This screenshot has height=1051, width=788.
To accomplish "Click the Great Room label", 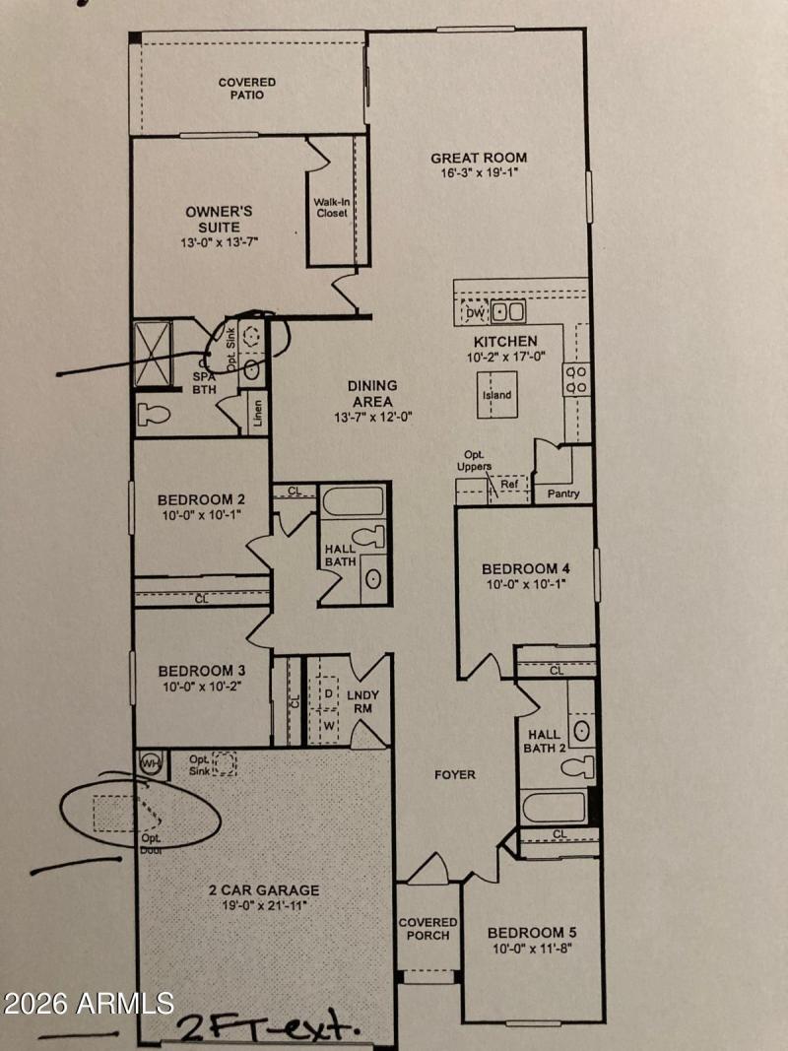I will click(x=479, y=158).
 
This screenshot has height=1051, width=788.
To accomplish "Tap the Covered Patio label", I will click(x=246, y=89).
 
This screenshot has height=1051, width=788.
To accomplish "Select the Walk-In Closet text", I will click(x=331, y=207).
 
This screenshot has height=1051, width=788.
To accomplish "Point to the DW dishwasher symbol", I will click(x=475, y=313).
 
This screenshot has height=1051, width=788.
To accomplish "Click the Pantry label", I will click(x=563, y=493).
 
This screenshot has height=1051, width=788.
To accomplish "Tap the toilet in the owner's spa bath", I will click(x=154, y=414).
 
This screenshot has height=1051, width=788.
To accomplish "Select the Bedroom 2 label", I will click(x=200, y=499).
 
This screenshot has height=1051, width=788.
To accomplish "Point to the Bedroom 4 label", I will click(x=526, y=568).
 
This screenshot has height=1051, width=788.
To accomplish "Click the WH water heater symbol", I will click(x=151, y=761).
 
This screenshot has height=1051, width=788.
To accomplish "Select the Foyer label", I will click(x=455, y=775).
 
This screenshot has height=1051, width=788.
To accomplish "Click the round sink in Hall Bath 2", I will click(x=582, y=730).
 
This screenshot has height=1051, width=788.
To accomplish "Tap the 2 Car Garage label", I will click(x=264, y=889).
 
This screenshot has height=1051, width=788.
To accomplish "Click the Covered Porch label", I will click(x=427, y=929).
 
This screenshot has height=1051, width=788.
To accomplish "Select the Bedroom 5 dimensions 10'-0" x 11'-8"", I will click(x=531, y=949).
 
